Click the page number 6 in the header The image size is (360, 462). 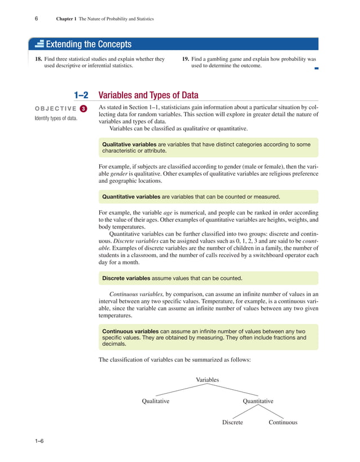[36, 19]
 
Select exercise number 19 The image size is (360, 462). [186, 59]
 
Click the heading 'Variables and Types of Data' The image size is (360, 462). [148, 95]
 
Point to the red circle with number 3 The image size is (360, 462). [83, 108]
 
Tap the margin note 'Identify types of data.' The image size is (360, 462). [56, 118]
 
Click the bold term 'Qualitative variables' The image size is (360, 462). [129, 144]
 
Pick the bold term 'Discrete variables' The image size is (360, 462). [126, 278]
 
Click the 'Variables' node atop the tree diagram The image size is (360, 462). [208, 380]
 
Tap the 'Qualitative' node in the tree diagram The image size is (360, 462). [156, 401]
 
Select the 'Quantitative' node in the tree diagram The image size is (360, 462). [258, 401]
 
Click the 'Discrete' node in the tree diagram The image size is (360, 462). [232, 422]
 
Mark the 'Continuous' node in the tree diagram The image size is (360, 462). [283, 422]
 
